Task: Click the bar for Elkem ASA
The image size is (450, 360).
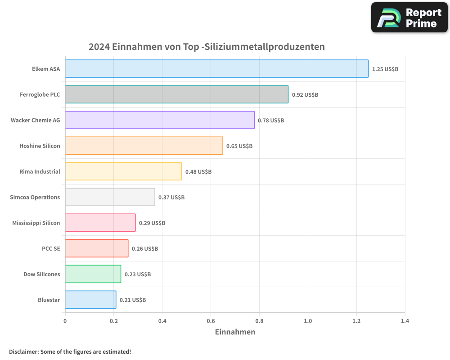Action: pos(216,69)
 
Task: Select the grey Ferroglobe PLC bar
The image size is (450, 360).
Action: pos(176,94)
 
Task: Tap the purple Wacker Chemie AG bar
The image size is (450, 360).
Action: pos(160,120)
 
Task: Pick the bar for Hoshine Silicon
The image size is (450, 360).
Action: pos(144,146)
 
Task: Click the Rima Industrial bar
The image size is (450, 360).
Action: pos(123,171)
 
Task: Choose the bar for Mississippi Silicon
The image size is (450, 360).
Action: pos(100,223)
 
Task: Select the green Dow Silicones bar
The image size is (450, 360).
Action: pos(93,274)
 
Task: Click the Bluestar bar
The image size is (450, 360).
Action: pos(90,300)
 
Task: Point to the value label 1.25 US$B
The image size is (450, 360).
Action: pos(385,69)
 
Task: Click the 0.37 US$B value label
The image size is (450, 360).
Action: pos(171,198)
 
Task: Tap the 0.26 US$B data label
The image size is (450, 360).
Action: pos(144,249)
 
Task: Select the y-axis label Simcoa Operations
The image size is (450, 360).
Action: pos(35,197)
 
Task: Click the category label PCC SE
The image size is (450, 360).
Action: pos(51,248)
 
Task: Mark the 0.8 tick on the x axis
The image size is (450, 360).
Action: pos(259,321)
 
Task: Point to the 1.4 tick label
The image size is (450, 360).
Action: pos(405,321)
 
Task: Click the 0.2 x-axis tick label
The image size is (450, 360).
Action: pos(113,321)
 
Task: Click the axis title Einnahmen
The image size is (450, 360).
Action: pos(235,332)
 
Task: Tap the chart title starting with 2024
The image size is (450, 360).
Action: pos(207,47)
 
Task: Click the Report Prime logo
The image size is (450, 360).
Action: pos(409,18)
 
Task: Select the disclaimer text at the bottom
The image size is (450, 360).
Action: pos(70,351)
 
